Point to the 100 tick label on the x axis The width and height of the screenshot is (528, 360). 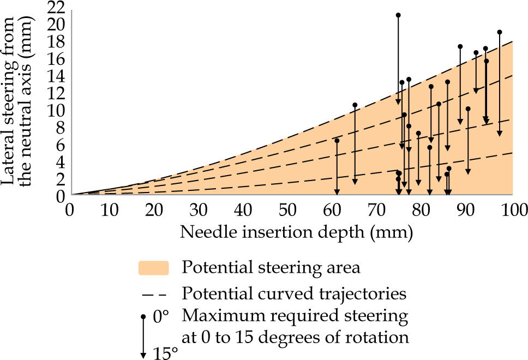512,211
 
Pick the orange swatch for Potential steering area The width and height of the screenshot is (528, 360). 154,268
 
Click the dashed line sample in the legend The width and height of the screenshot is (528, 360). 154,295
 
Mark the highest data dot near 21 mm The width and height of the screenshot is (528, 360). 398,15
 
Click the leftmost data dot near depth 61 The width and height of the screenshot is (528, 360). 337,141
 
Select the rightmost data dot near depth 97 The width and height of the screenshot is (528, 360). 499,32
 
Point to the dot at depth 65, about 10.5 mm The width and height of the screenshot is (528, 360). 355,105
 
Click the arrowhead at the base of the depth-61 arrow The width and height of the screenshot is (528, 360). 337,191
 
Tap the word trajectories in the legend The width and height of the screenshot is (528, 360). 369,294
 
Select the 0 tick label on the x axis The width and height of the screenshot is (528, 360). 69,211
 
